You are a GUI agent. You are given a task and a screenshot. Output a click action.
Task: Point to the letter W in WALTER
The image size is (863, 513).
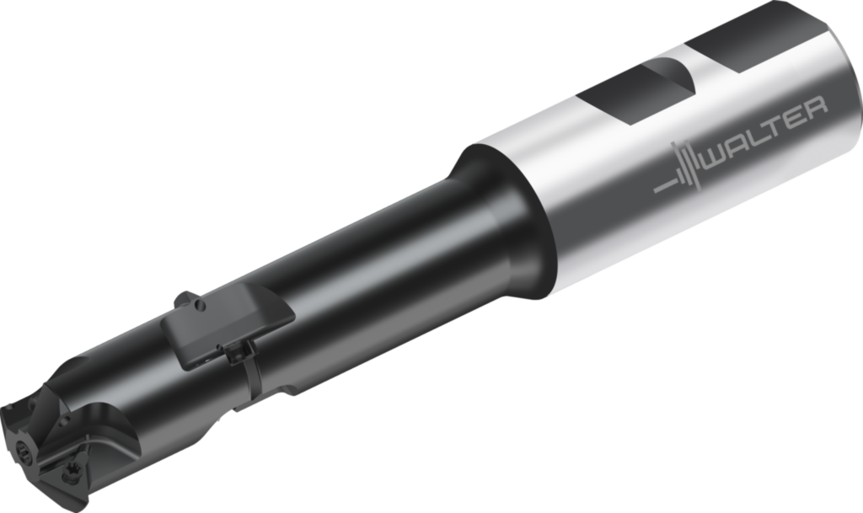pyautogui.click(x=717, y=152)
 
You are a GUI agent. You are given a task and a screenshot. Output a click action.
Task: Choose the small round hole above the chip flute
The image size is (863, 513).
pyautogui.click(x=65, y=404)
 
